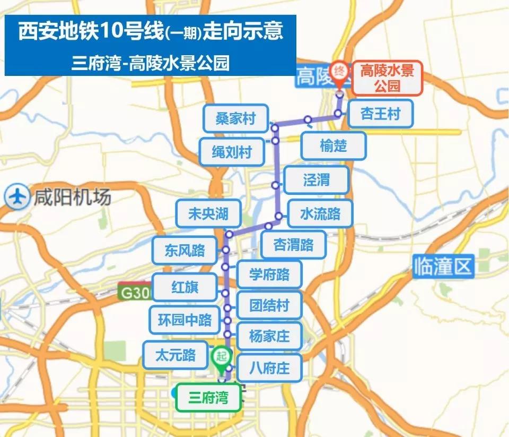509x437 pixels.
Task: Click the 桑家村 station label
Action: (235, 118)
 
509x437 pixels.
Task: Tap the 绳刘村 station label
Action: (232, 153)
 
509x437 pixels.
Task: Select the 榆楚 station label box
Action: (334, 145)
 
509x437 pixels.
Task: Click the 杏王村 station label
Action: (380, 114)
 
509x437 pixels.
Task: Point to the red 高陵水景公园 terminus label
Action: (387, 78)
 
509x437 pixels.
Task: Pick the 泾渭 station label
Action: (317, 180)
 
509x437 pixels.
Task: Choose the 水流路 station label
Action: (320, 214)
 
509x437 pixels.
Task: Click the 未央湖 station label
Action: (208, 213)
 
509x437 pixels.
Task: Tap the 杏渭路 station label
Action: (293, 245)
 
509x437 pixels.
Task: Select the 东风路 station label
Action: (185, 250)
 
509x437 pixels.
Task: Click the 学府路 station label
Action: (269, 274)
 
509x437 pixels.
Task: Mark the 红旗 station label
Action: (185, 287)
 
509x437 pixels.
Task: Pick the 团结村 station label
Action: (269, 305)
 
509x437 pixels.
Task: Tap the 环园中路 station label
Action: (185, 320)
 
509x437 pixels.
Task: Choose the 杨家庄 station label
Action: (269, 336)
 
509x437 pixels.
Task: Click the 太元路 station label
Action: (175, 355)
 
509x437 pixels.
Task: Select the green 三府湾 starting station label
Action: (208, 397)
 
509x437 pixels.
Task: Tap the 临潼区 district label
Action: (443, 267)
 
